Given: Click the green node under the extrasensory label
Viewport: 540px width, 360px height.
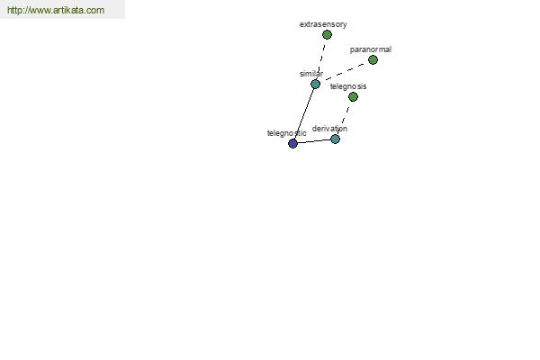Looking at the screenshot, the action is (x=327, y=34).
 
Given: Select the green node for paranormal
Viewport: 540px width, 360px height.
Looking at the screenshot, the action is (x=373, y=60).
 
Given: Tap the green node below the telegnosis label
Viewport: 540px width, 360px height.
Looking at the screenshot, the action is (x=353, y=97).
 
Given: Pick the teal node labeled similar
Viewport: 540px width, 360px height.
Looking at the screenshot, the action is (x=315, y=84).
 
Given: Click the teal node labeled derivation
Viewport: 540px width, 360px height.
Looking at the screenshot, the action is (x=335, y=139).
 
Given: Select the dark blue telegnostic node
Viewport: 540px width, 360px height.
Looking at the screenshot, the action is (x=292, y=144).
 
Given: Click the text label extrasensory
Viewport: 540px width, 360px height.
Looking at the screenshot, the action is (x=323, y=24).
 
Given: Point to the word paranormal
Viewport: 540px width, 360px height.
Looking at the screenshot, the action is (x=371, y=49).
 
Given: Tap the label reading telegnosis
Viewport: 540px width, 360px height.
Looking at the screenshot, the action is (x=348, y=86).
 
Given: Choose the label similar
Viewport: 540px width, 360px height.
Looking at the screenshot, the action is (x=311, y=74).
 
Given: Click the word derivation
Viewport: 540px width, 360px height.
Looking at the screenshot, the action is (x=329, y=129).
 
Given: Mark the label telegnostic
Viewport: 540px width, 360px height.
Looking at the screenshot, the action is (x=286, y=133).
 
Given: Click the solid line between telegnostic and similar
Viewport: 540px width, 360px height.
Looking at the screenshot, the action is (x=304, y=114).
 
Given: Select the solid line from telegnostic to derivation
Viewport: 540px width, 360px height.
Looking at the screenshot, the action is (x=314, y=141).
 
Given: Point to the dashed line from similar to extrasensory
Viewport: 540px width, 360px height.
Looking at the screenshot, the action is (x=321, y=59).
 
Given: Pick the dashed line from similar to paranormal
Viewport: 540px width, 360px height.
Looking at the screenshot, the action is (x=344, y=72).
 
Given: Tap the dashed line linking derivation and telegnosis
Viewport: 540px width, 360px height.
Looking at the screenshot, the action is (x=344, y=118).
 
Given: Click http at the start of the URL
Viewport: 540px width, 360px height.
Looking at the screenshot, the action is (x=14, y=10).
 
